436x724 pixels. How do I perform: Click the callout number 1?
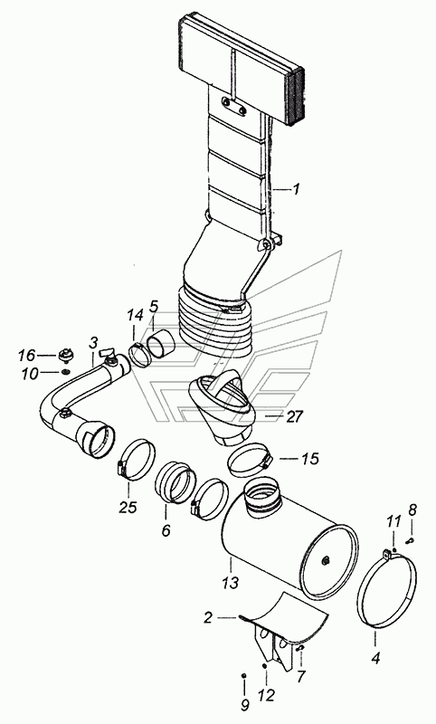(x=296, y=189)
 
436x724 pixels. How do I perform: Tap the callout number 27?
(x=294, y=417)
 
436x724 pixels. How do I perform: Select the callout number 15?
(x=309, y=459)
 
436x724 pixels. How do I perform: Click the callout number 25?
(x=128, y=508)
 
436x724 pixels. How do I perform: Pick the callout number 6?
(x=166, y=530)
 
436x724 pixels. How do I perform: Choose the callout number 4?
(x=375, y=658)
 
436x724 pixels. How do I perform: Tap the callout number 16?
(x=26, y=355)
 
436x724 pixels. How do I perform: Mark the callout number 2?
(x=208, y=618)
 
